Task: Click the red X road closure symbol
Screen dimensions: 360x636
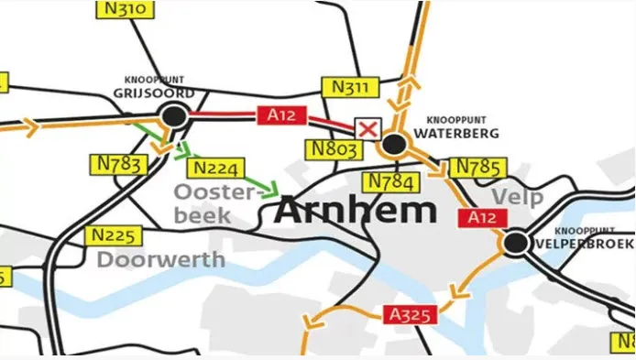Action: click(367, 128)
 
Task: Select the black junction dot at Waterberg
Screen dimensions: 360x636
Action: click(394, 144)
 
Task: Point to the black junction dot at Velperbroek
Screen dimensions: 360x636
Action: click(515, 243)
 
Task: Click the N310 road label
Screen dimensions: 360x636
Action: click(125, 10)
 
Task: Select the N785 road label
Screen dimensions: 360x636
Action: click(474, 168)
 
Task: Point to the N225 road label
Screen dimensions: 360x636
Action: click(114, 235)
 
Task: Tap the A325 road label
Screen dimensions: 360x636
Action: click(411, 315)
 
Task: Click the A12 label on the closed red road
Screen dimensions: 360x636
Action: click(282, 115)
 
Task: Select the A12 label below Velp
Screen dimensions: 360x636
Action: click(481, 217)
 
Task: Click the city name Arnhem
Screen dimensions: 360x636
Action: click(356, 211)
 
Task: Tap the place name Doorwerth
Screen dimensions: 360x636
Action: click(161, 259)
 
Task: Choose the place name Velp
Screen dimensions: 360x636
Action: click(517, 197)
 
